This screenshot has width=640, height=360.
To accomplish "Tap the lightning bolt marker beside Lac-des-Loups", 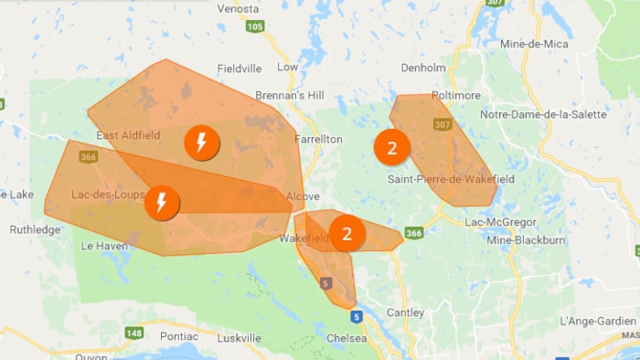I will click(x=162, y=202).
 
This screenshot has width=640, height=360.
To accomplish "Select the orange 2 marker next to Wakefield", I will click(x=347, y=233).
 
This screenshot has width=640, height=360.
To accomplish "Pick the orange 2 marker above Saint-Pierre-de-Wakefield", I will click(x=392, y=148).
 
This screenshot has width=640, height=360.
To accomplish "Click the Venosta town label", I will click(x=239, y=8).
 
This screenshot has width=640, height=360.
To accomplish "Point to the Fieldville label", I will click(x=240, y=69).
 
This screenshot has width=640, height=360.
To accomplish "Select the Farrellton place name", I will click(x=318, y=140).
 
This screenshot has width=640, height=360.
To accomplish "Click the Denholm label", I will click(x=422, y=68).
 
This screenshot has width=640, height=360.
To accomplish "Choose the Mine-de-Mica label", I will click(x=535, y=44).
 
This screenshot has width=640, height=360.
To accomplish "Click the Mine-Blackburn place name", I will click(x=526, y=239).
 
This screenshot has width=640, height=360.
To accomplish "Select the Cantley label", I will click(x=406, y=312).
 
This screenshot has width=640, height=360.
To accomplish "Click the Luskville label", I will click(x=240, y=338).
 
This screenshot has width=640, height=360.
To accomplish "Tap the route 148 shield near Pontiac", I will click(x=135, y=333).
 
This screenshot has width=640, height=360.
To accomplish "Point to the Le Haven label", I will click(x=102, y=246).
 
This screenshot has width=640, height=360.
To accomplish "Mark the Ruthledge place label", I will click(x=35, y=229).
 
